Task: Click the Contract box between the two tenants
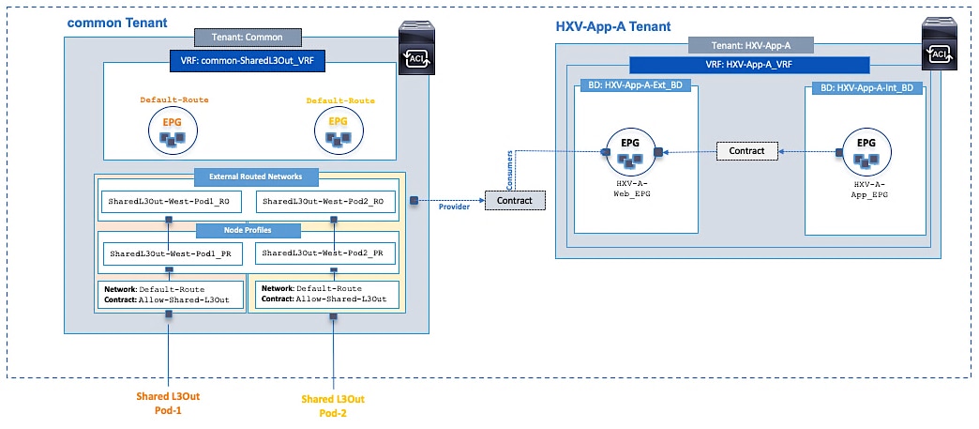point(514,201)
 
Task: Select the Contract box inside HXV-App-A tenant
point(746,150)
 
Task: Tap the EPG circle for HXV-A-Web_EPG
point(629,151)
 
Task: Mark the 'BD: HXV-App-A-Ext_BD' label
point(636,86)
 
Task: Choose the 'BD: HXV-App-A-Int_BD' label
point(866,86)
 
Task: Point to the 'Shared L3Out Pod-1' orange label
point(169,403)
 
